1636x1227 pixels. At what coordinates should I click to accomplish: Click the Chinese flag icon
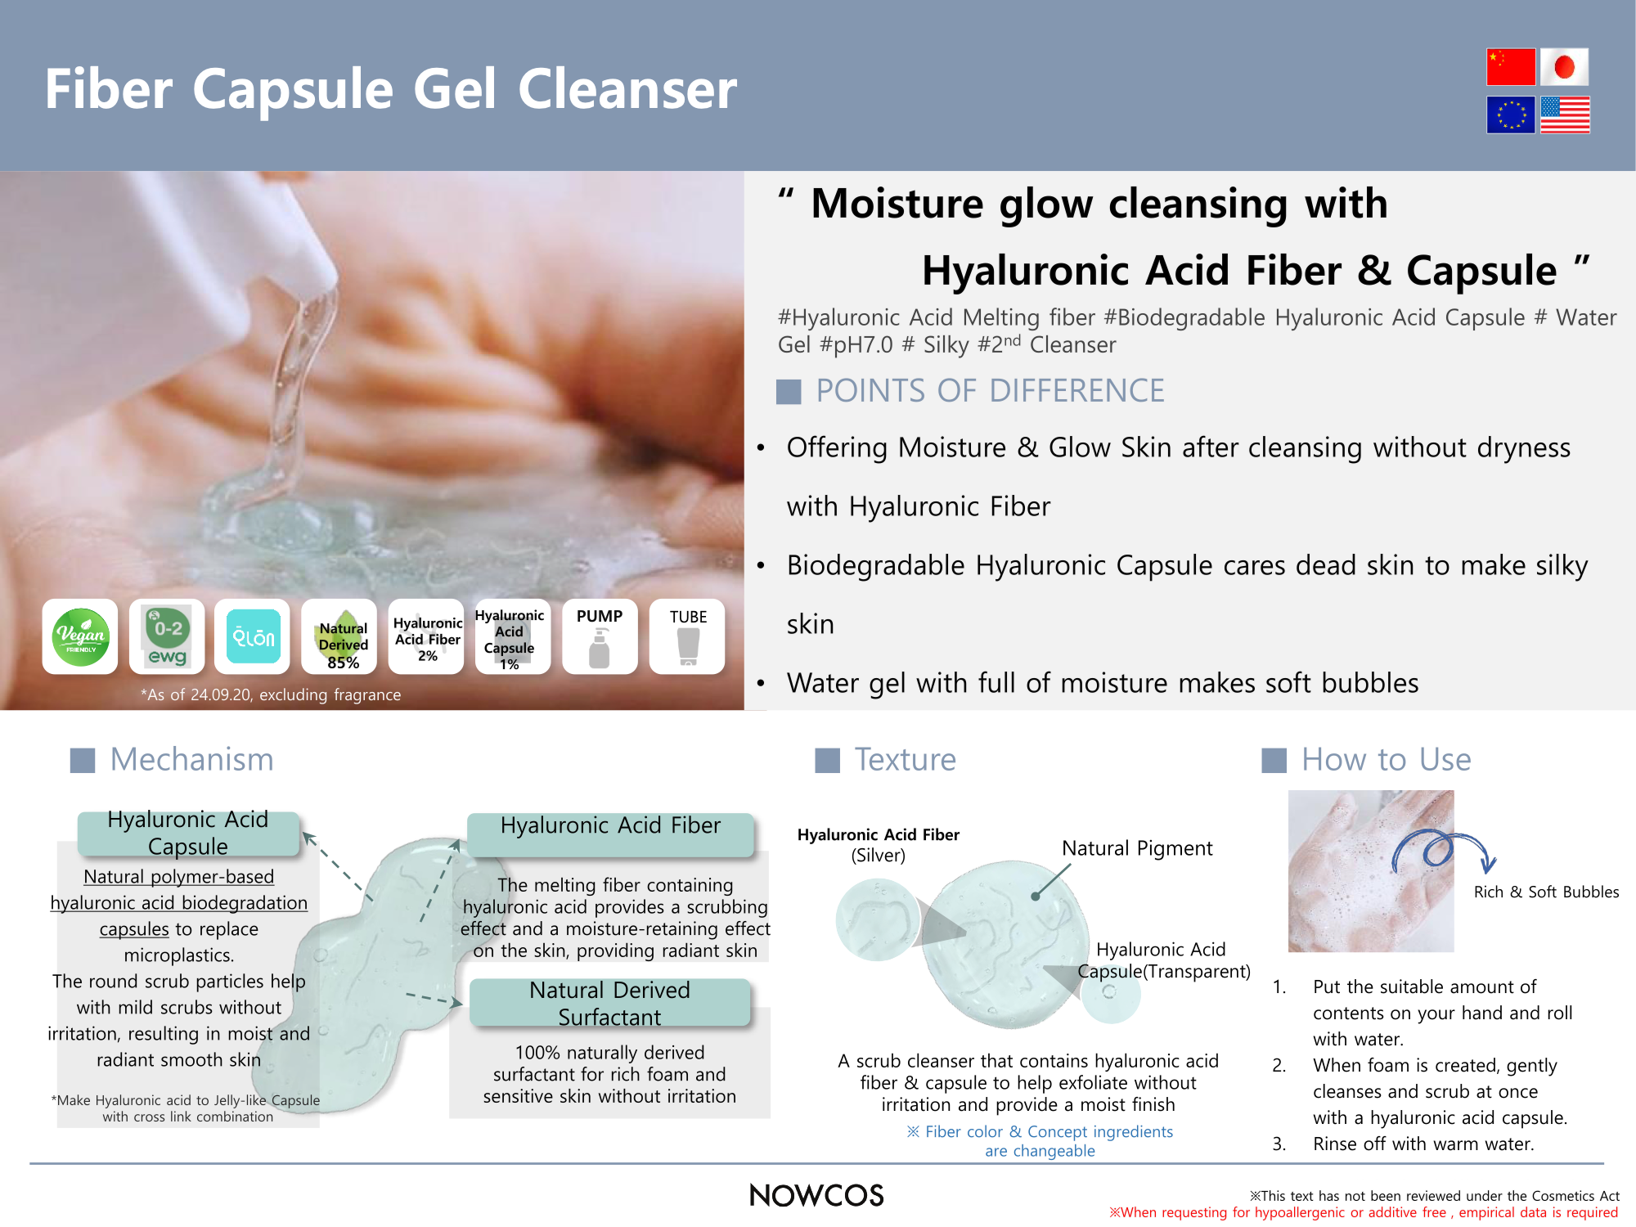coord(1511,67)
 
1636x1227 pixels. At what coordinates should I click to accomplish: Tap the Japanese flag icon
coord(1564,67)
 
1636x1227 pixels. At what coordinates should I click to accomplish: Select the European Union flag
coord(1511,115)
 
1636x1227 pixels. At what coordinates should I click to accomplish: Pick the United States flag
coord(1565,115)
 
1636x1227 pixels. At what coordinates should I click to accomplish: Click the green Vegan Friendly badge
coord(80,636)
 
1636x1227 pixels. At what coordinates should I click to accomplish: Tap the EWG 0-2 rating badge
coord(167,636)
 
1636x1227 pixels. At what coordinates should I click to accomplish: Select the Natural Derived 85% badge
coord(339,636)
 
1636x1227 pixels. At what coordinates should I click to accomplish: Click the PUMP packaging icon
coord(600,636)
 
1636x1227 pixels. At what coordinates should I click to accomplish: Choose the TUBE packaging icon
coord(687,636)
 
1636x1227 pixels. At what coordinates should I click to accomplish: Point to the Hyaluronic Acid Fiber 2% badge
coord(426,636)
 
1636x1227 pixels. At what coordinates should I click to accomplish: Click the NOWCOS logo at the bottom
coord(816,1196)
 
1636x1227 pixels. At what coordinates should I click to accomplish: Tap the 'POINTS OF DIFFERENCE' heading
coord(990,391)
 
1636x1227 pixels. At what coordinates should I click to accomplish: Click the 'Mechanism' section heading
coord(191,760)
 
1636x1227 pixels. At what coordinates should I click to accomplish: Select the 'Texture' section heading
coord(905,760)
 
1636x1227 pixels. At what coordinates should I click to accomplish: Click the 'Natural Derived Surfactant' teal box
coord(610,1003)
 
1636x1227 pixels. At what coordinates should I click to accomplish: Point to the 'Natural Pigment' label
coord(1137,848)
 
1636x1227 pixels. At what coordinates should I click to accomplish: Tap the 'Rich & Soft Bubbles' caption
coord(1546,892)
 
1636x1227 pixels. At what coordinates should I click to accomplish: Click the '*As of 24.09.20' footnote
coord(271,694)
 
